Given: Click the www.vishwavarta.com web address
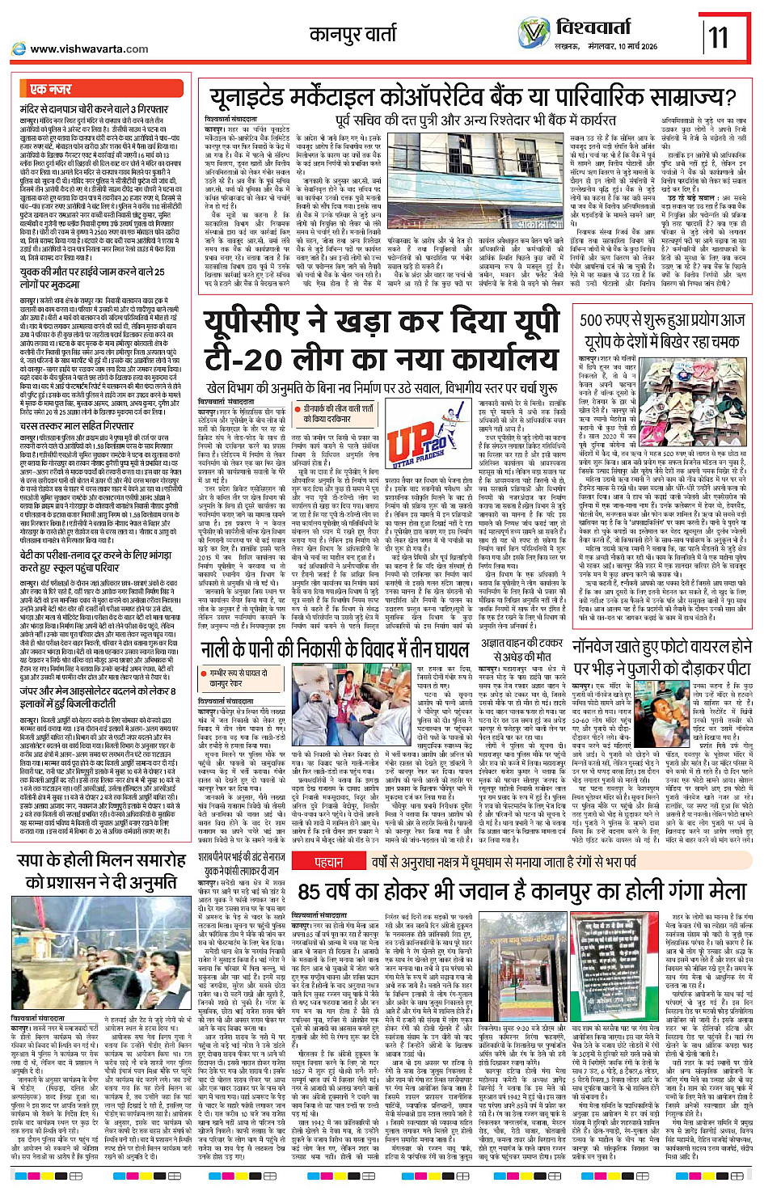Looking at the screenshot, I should click(89, 49).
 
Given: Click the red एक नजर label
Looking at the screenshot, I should click(50, 89).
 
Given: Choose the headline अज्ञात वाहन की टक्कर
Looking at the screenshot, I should click(521, 644).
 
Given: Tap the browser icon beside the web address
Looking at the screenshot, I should click(19, 49).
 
